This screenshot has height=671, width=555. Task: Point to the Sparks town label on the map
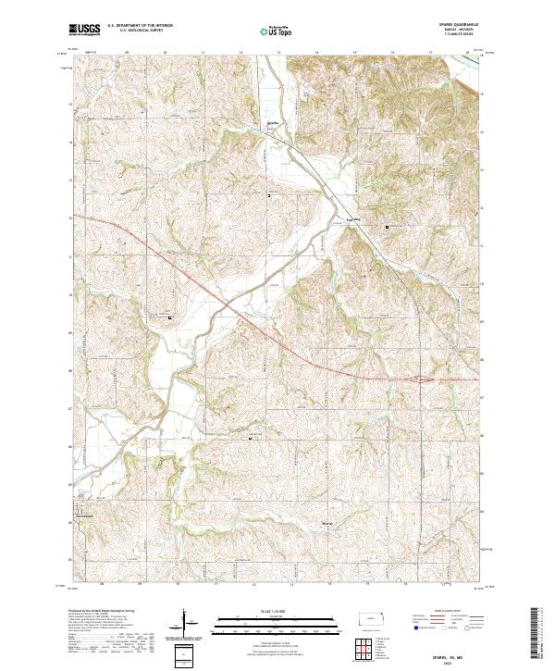pos(272,121)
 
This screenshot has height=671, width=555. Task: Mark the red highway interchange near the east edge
pos(422,379)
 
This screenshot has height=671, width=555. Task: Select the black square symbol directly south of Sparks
pos(270,196)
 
